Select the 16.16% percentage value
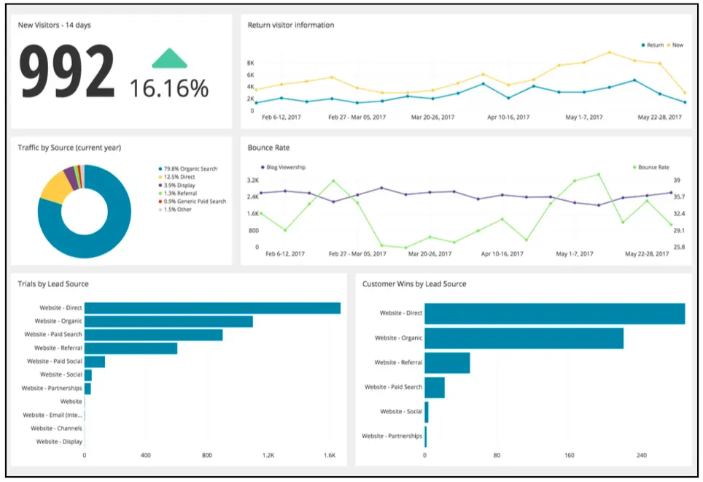(169, 88)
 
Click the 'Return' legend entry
(651, 45)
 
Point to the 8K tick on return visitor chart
(250, 64)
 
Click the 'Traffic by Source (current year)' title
(69, 148)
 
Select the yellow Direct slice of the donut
(54, 187)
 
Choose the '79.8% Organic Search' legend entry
(189, 169)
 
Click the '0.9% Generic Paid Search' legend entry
(193, 201)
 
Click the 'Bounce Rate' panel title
(268, 148)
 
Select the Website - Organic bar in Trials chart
(168, 321)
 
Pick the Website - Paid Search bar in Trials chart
(153, 334)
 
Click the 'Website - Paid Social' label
(55, 361)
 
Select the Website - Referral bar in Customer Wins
(447, 363)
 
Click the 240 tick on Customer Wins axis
(641, 456)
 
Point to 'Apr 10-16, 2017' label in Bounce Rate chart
(502, 254)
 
